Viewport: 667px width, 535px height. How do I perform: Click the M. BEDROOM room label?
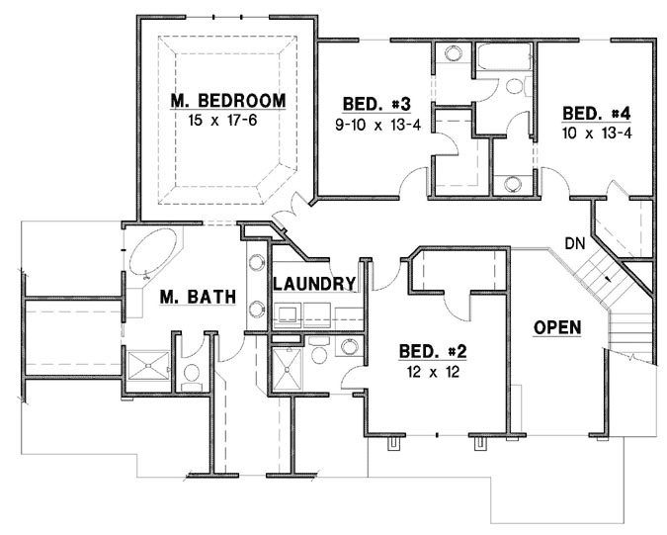[227, 101]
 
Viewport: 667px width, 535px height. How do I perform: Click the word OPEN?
[556, 327]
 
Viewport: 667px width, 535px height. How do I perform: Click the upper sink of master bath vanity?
[255, 263]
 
